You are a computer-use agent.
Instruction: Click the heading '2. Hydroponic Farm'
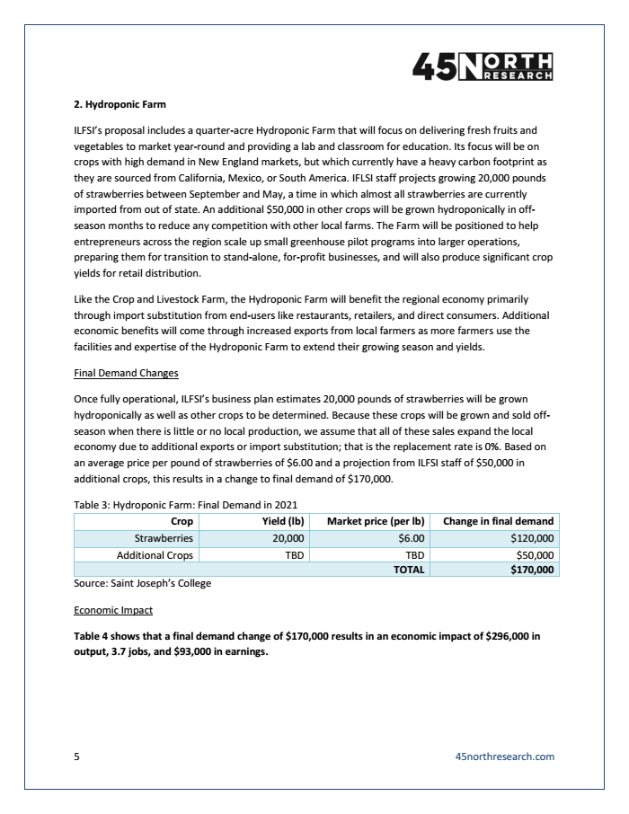point(120,104)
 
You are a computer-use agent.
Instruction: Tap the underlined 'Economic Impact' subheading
point(113,610)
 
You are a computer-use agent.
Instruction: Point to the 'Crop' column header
point(182,521)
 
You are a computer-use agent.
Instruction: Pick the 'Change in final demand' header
point(498,521)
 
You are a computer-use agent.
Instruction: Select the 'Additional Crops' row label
point(155,554)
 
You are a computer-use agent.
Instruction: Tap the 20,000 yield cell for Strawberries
point(288,538)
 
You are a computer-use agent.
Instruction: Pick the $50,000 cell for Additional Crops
point(533,554)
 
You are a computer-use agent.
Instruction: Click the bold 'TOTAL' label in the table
point(408,570)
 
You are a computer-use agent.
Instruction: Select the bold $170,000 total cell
point(531,570)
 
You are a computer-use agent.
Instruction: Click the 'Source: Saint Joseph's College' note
point(142,584)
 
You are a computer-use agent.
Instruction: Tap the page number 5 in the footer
point(76,756)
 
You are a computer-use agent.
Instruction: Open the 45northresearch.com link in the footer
point(505,756)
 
